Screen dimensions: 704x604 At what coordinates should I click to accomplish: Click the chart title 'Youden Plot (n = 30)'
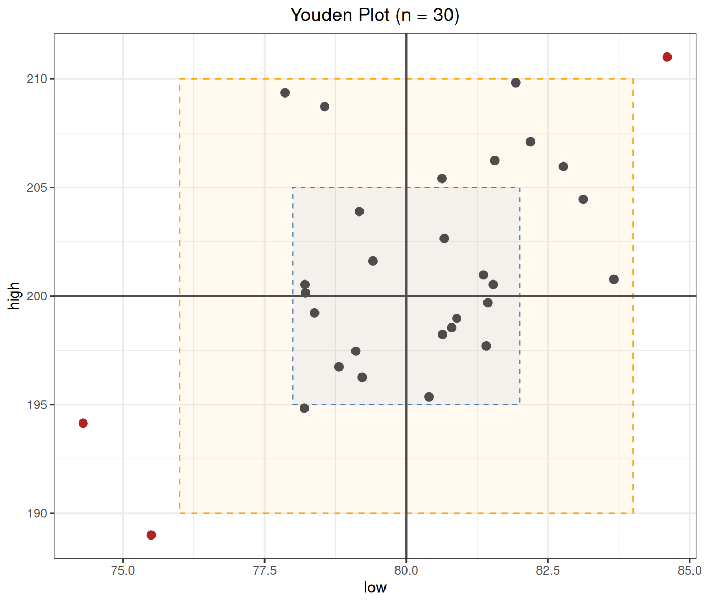tap(375, 15)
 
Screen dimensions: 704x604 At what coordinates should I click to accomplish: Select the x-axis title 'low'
tap(375, 587)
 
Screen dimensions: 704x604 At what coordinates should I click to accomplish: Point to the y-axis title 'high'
tap(14, 296)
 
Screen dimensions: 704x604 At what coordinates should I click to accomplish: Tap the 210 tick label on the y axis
tap(37, 79)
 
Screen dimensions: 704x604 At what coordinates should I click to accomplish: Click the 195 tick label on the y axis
tap(37, 405)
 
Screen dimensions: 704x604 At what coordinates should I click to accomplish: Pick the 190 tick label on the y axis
tap(37, 513)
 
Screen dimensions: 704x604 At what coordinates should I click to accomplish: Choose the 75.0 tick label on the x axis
tap(123, 570)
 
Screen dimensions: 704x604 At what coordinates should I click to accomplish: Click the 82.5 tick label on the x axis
tap(548, 570)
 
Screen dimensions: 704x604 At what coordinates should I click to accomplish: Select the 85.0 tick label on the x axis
tap(690, 570)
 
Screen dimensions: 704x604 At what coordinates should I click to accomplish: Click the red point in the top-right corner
tap(667, 57)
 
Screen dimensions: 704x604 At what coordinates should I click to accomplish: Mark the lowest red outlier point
tap(151, 535)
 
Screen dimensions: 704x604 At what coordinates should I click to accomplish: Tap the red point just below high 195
tap(83, 423)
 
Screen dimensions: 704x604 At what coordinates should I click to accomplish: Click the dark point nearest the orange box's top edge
tap(515, 82)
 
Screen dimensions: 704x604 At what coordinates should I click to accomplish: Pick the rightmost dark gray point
tap(614, 279)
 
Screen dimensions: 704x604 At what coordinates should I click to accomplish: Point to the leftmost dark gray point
tap(285, 93)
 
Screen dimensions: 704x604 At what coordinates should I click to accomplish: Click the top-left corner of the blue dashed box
tap(293, 188)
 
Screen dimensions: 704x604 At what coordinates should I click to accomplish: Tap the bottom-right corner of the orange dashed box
tap(633, 513)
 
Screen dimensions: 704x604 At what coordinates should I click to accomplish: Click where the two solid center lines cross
tap(406, 296)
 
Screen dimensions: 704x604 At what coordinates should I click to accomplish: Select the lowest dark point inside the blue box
tap(429, 397)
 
